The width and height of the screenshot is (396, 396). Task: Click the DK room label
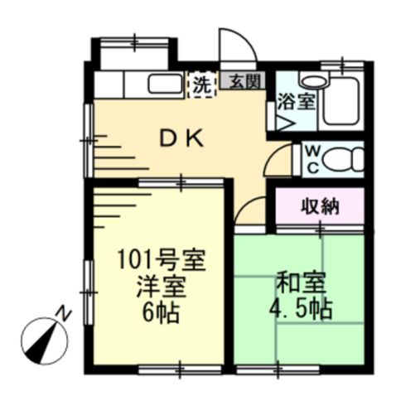click(x=181, y=139)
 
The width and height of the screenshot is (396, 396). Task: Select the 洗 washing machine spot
click(x=201, y=84)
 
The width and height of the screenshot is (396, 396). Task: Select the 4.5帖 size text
click(x=303, y=310)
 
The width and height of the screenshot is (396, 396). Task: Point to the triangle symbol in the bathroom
click(x=285, y=125)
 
